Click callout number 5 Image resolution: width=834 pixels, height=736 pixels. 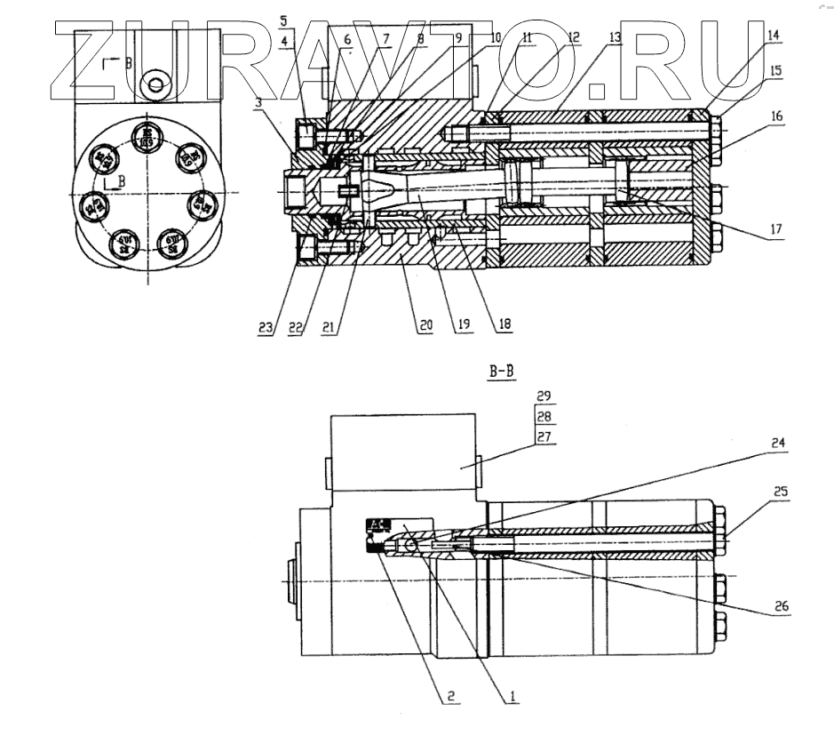[282, 19]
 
